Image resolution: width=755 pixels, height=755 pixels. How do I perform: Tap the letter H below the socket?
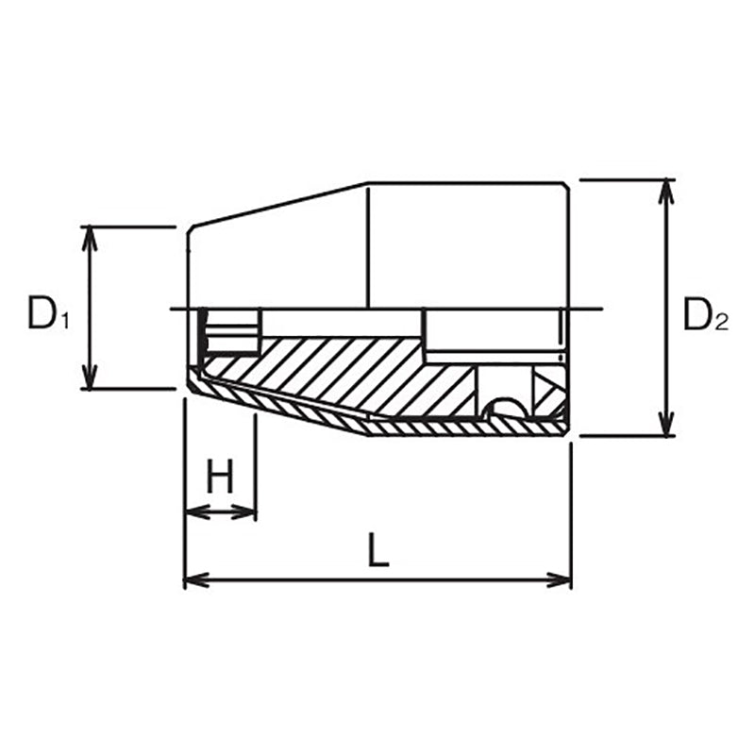coord(221,479)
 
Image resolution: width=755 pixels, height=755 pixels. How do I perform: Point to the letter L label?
coord(377,550)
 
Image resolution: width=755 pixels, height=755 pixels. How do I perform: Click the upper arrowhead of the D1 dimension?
coord(90,236)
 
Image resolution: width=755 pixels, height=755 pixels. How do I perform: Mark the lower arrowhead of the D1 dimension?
coord(90,378)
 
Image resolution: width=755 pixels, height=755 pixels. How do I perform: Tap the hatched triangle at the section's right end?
coord(547,389)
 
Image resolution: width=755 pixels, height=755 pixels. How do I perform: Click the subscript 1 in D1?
coord(64,322)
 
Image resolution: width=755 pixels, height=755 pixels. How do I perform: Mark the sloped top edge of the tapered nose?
coord(278,205)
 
